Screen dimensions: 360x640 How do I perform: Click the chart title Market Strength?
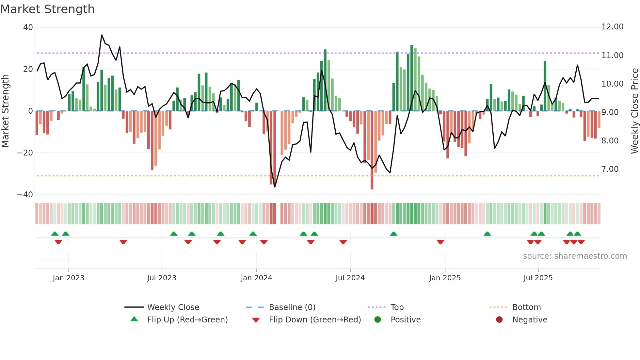coord(47,9)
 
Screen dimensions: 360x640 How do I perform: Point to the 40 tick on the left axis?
coord(28,27)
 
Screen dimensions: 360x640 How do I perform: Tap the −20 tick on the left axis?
coord(25,153)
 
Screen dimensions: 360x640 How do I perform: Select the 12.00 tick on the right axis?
coord(612,27)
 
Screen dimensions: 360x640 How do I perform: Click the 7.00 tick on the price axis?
coord(610,169)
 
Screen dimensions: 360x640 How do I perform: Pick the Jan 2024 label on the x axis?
coord(256,278)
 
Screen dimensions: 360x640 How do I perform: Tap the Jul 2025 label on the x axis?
coord(538,278)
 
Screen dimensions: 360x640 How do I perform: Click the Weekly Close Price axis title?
coord(634,111)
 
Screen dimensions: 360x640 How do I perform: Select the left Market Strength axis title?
coord(5,111)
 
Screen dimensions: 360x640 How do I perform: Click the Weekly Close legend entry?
coord(173,307)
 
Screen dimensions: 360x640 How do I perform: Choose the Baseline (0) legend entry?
coord(292,307)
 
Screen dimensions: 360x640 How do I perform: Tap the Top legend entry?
coord(397,307)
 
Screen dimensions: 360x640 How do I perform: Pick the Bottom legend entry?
coord(526,307)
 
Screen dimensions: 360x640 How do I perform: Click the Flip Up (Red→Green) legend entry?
coord(187,320)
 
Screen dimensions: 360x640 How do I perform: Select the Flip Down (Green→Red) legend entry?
coord(315,320)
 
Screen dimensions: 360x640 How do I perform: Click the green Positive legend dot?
coord(378,320)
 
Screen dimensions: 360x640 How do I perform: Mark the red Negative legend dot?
coord(499,320)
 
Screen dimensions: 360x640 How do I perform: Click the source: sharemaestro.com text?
coord(575,256)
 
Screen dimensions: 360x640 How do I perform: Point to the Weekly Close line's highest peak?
coord(102,35)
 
